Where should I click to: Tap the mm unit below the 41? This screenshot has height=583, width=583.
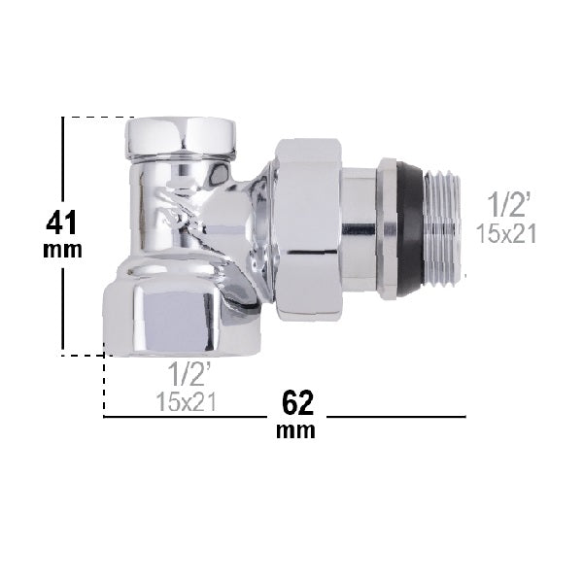[63, 250]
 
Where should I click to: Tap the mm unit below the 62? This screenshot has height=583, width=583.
[296, 430]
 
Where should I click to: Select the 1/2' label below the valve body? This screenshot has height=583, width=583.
[185, 373]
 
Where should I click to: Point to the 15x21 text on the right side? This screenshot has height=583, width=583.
[507, 233]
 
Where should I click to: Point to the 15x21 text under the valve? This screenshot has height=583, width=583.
[186, 400]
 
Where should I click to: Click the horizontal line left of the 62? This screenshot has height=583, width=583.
[185, 416]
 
